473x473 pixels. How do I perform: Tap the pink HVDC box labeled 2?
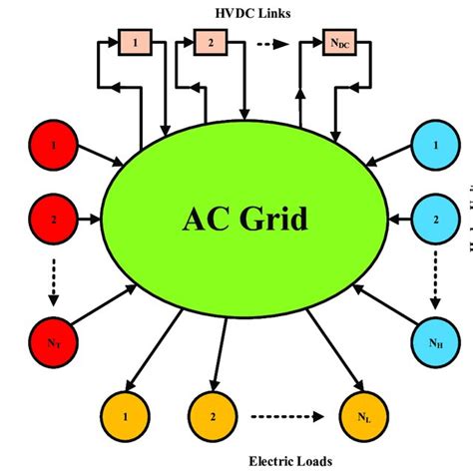(212, 43)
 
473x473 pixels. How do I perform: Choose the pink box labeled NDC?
(341, 43)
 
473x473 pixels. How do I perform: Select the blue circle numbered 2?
(435, 218)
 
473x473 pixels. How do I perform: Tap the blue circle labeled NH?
(435, 342)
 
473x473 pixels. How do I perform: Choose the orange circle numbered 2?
(213, 411)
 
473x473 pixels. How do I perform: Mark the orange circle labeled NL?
(361, 411)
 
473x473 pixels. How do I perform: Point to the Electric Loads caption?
(292, 460)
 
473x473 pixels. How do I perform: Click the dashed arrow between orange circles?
(287, 411)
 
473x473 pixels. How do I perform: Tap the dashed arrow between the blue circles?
(435, 279)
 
